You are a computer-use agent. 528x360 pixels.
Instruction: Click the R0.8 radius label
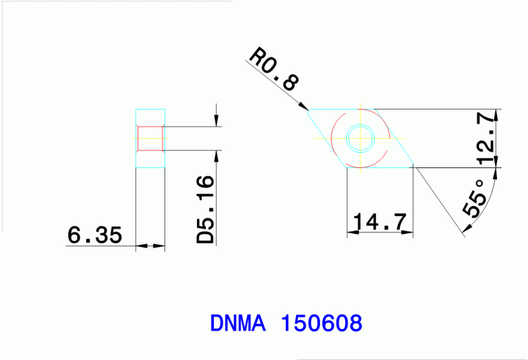[x=274, y=70]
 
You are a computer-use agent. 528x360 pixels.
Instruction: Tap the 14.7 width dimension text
[x=379, y=222]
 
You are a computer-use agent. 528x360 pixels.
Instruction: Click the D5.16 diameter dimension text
[x=205, y=209]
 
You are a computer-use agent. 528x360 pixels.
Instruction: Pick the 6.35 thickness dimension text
[x=94, y=235]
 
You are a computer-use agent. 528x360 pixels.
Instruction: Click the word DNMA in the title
[x=237, y=323]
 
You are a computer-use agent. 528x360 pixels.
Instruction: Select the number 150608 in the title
[x=321, y=323]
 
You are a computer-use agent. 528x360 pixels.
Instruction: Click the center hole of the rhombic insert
[x=359, y=138]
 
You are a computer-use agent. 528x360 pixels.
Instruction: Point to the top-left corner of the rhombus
[x=309, y=110]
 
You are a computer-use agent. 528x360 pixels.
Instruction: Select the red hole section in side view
[x=150, y=138]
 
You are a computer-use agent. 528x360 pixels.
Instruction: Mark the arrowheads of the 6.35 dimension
[x=150, y=246]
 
